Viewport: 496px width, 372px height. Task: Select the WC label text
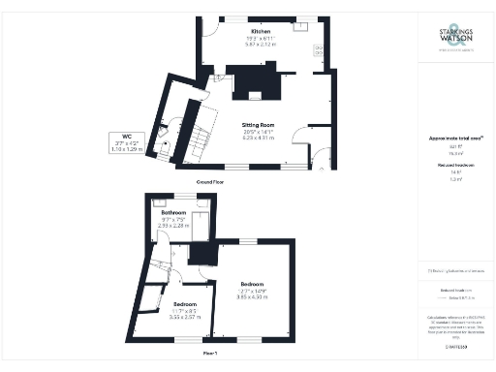(x=126, y=136)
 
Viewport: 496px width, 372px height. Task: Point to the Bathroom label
(x=173, y=212)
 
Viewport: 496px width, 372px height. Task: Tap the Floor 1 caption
(x=208, y=353)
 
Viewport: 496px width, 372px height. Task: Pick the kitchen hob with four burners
(x=318, y=49)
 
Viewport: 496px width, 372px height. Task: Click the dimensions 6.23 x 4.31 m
(x=259, y=139)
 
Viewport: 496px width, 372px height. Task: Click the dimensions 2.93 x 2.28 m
(x=173, y=226)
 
